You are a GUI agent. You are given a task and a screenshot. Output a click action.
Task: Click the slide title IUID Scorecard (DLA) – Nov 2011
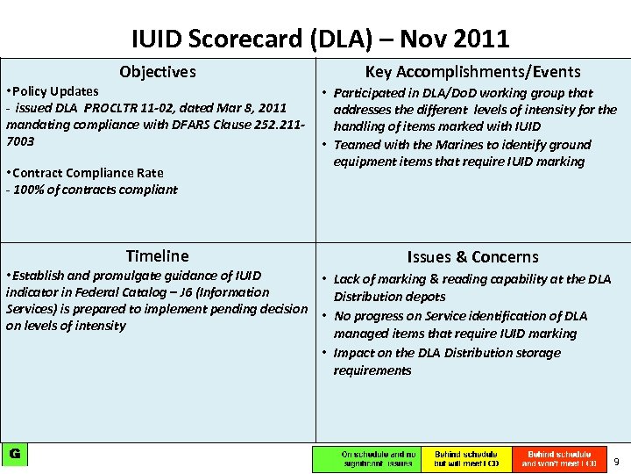pyautogui.click(x=320, y=39)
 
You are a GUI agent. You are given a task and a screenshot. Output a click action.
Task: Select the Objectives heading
pyautogui.click(x=158, y=72)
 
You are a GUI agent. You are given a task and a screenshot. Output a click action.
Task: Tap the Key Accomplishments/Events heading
pyautogui.click(x=472, y=72)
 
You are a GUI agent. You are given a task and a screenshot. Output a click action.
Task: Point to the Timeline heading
pyautogui.click(x=157, y=256)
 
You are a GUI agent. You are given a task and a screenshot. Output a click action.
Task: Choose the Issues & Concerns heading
pyautogui.click(x=472, y=257)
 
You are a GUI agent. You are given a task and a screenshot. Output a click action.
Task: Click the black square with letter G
pyautogui.click(x=15, y=454)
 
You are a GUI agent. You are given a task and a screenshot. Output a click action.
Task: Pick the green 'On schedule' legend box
pyautogui.click(x=367, y=459)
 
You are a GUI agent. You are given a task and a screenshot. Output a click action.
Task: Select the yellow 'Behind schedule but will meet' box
pyautogui.click(x=466, y=459)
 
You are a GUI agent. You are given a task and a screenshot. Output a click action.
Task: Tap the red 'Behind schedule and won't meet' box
pyautogui.click(x=560, y=459)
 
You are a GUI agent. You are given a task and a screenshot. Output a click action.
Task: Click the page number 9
pyautogui.click(x=616, y=462)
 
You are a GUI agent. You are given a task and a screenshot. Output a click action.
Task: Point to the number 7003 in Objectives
pyautogui.click(x=20, y=141)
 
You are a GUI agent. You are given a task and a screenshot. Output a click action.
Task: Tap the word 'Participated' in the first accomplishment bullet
pyautogui.click(x=372, y=93)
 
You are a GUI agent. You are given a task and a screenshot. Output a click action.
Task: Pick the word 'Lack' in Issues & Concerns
pyautogui.click(x=348, y=279)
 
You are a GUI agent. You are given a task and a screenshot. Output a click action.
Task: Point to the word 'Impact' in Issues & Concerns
pyautogui.click(x=353, y=353)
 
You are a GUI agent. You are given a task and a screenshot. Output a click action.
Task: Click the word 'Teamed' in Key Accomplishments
pyautogui.click(x=357, y=145)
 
